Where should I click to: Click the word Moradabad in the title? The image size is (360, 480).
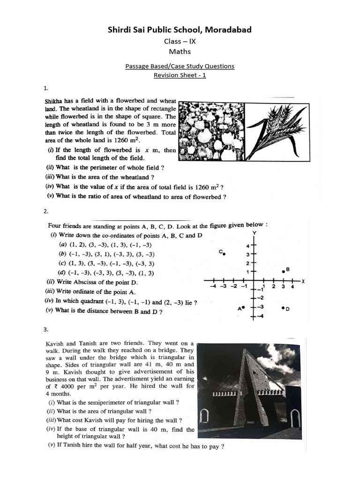(x=229, y=30)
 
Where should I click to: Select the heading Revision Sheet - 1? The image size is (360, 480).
(x=180, y=75)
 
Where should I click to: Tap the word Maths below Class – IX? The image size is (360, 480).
(x=180, y=52)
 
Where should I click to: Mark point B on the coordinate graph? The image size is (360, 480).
(x=283, y=271)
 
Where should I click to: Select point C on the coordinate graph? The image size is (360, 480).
(x=225, y=254)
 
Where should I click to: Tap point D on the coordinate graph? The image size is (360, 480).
(x=283, y=308)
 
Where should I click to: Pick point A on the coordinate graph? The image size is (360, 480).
(x=243, y=308)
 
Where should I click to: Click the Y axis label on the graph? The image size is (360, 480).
(x=254, y=233)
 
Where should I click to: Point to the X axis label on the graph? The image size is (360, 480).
(x=303, y=281)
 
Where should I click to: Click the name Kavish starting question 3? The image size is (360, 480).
(x=56, y=344)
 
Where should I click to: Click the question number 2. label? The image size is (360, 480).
(x=46, y=211)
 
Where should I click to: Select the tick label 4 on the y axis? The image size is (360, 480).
(x=249, y=246)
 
